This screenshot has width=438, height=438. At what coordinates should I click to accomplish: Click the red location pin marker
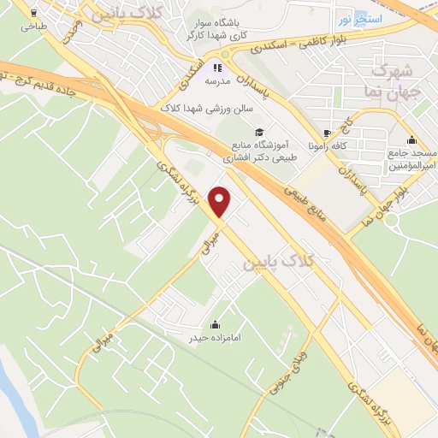point(221,202)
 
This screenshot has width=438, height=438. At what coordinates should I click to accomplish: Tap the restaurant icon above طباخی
point(33,14)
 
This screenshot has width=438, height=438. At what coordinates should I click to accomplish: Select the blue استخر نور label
point(355,19)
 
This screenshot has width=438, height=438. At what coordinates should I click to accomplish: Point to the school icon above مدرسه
point(217,67)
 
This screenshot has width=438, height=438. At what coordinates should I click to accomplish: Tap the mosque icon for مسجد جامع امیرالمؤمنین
point(412,140)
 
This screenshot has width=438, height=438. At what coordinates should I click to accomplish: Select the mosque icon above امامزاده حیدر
point(214,324)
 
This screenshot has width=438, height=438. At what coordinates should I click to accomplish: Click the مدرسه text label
point(217,82)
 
